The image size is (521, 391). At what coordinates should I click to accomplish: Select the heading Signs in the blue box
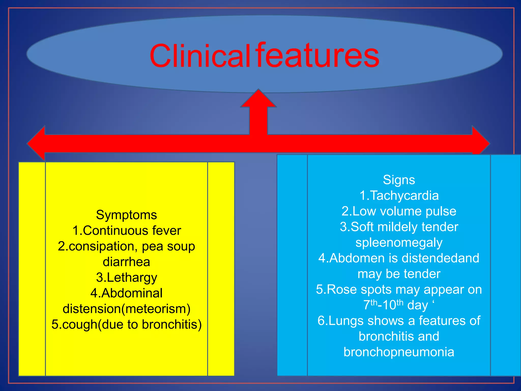click(399, 180)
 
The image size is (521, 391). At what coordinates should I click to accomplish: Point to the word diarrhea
click(126, 262)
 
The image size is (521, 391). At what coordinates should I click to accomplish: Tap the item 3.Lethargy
click(126, 278)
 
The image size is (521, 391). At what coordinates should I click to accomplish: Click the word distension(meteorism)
click(126, 309)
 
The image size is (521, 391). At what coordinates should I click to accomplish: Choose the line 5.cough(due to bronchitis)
click(126, 325)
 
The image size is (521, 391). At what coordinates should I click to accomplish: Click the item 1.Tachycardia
click(399, 196)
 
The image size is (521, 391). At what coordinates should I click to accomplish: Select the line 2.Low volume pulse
click(399, 211)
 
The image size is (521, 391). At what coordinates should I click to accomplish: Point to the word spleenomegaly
click(399, 243)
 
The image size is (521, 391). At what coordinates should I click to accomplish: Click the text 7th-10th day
click(396, 305)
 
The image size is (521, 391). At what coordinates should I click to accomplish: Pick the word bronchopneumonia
click(399, 352)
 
